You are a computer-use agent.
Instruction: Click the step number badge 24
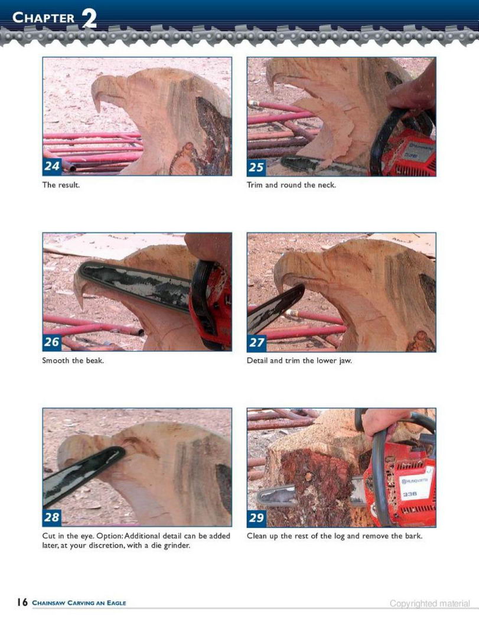[52, 166]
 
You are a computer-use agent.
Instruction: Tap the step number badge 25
[256, 167]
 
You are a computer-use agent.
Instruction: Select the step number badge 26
[52, 342]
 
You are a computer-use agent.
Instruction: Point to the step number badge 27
[256, 342]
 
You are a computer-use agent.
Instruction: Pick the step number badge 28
[52, 517]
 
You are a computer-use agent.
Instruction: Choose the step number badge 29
[256, 517]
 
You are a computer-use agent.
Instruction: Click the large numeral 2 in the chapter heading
[89, 18]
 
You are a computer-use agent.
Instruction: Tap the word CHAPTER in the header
[44, 18]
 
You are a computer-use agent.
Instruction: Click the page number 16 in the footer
[22, 603]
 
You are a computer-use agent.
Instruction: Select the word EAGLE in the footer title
[116, 603]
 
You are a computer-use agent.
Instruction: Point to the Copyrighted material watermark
[430, 604]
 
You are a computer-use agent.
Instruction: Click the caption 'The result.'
[61, 185]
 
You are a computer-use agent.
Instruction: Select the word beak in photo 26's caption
[95, 360]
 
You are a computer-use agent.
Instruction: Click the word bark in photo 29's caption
[413, 536]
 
